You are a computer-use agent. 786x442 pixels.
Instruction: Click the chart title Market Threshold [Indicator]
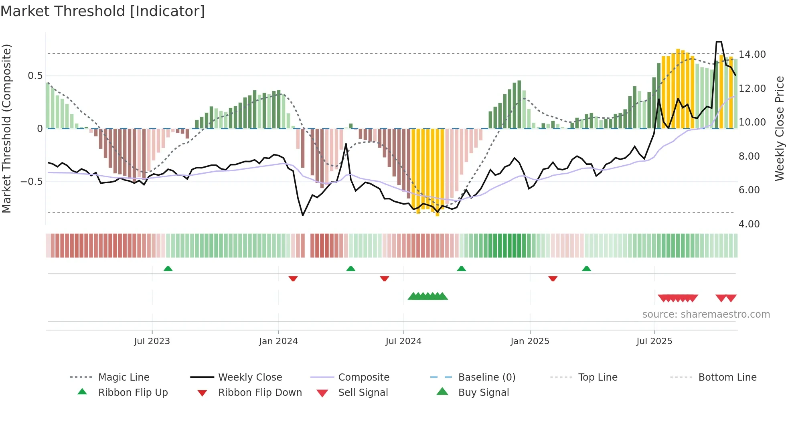point(103,11)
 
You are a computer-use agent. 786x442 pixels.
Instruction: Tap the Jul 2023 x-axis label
point(152,341)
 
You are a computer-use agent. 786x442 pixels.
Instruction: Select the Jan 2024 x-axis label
point(278,341)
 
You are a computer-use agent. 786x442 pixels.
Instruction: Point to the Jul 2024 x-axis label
point(403,341)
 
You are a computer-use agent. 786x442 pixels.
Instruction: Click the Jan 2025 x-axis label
point(530,341)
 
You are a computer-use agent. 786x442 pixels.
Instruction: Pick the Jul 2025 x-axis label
point(654,341)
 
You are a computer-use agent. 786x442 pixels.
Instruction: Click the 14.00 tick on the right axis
point(752,55)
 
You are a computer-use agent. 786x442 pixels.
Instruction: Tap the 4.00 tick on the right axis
point(749,224)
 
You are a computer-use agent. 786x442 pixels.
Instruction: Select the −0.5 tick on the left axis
point(32,182)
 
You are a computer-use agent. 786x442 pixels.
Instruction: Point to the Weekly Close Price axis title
point(779,128)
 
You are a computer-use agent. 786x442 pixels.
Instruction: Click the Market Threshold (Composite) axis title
point(6,128)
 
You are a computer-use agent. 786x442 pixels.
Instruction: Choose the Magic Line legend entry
point(124,377)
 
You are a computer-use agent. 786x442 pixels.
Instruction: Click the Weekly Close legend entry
point(250,377)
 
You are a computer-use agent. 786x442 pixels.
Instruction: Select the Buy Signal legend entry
point(483,393)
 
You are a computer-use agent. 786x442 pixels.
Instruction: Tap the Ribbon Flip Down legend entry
point(260,393)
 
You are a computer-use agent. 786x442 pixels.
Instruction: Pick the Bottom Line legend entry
point(727,377)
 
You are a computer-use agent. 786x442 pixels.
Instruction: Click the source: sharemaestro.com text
point(706,314)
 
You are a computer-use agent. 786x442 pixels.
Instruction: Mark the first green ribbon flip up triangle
point(168,269)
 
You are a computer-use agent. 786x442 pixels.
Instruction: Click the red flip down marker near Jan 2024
point(293,278)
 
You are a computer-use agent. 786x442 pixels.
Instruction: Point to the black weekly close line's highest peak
point(719,42)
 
